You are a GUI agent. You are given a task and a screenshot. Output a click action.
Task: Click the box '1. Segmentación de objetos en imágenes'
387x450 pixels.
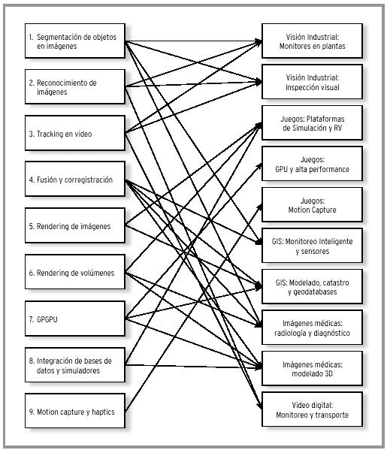(x=75, y=41)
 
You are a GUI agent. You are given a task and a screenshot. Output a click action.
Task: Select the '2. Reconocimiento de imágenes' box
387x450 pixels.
(x=75, y=86)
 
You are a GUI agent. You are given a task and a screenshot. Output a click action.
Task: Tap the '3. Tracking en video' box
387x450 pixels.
(x=75, y=133)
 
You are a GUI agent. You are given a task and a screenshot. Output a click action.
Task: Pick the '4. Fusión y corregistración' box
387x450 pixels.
(x=75, y=179)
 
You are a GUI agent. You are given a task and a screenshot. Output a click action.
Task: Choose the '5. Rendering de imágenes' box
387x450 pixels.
(x=75, y=225)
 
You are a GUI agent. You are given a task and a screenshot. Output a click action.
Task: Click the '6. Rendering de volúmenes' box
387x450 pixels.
(x=75, y=272)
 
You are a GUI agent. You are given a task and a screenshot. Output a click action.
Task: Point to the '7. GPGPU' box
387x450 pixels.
(x=75, y=319)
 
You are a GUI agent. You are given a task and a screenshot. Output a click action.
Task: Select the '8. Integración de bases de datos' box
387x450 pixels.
(x=75, y=365)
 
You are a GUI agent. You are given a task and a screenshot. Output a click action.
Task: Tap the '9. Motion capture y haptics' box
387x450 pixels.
(x=75, y=411)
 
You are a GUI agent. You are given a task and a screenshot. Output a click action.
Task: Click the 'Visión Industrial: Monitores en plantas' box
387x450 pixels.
(x=312, y=41)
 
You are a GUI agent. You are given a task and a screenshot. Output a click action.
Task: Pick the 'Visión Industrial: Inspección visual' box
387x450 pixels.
(x=312, y=82)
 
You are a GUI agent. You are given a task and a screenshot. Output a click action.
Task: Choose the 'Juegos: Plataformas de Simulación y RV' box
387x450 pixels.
(x=312, y=123)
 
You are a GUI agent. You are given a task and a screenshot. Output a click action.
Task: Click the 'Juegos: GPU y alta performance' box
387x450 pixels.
(x=312, y=164)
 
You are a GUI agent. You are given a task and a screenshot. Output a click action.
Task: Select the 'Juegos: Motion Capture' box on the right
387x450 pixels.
(x=312, y=204)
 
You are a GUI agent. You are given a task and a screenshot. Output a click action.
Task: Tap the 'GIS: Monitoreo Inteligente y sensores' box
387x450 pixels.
(x=312, y=246)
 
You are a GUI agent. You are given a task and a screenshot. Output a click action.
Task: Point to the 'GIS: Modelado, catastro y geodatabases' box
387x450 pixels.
(x=312, y=286)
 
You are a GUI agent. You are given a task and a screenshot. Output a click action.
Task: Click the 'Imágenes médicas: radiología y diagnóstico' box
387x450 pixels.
(x=312, y=328)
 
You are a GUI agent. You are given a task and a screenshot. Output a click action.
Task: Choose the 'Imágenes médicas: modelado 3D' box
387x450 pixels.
(x=312, y=369)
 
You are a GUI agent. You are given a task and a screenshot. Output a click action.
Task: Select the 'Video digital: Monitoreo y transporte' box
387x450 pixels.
(x=312, y=409)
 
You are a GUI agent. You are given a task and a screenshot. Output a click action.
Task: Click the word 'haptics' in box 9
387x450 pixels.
(x=103, y=412)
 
